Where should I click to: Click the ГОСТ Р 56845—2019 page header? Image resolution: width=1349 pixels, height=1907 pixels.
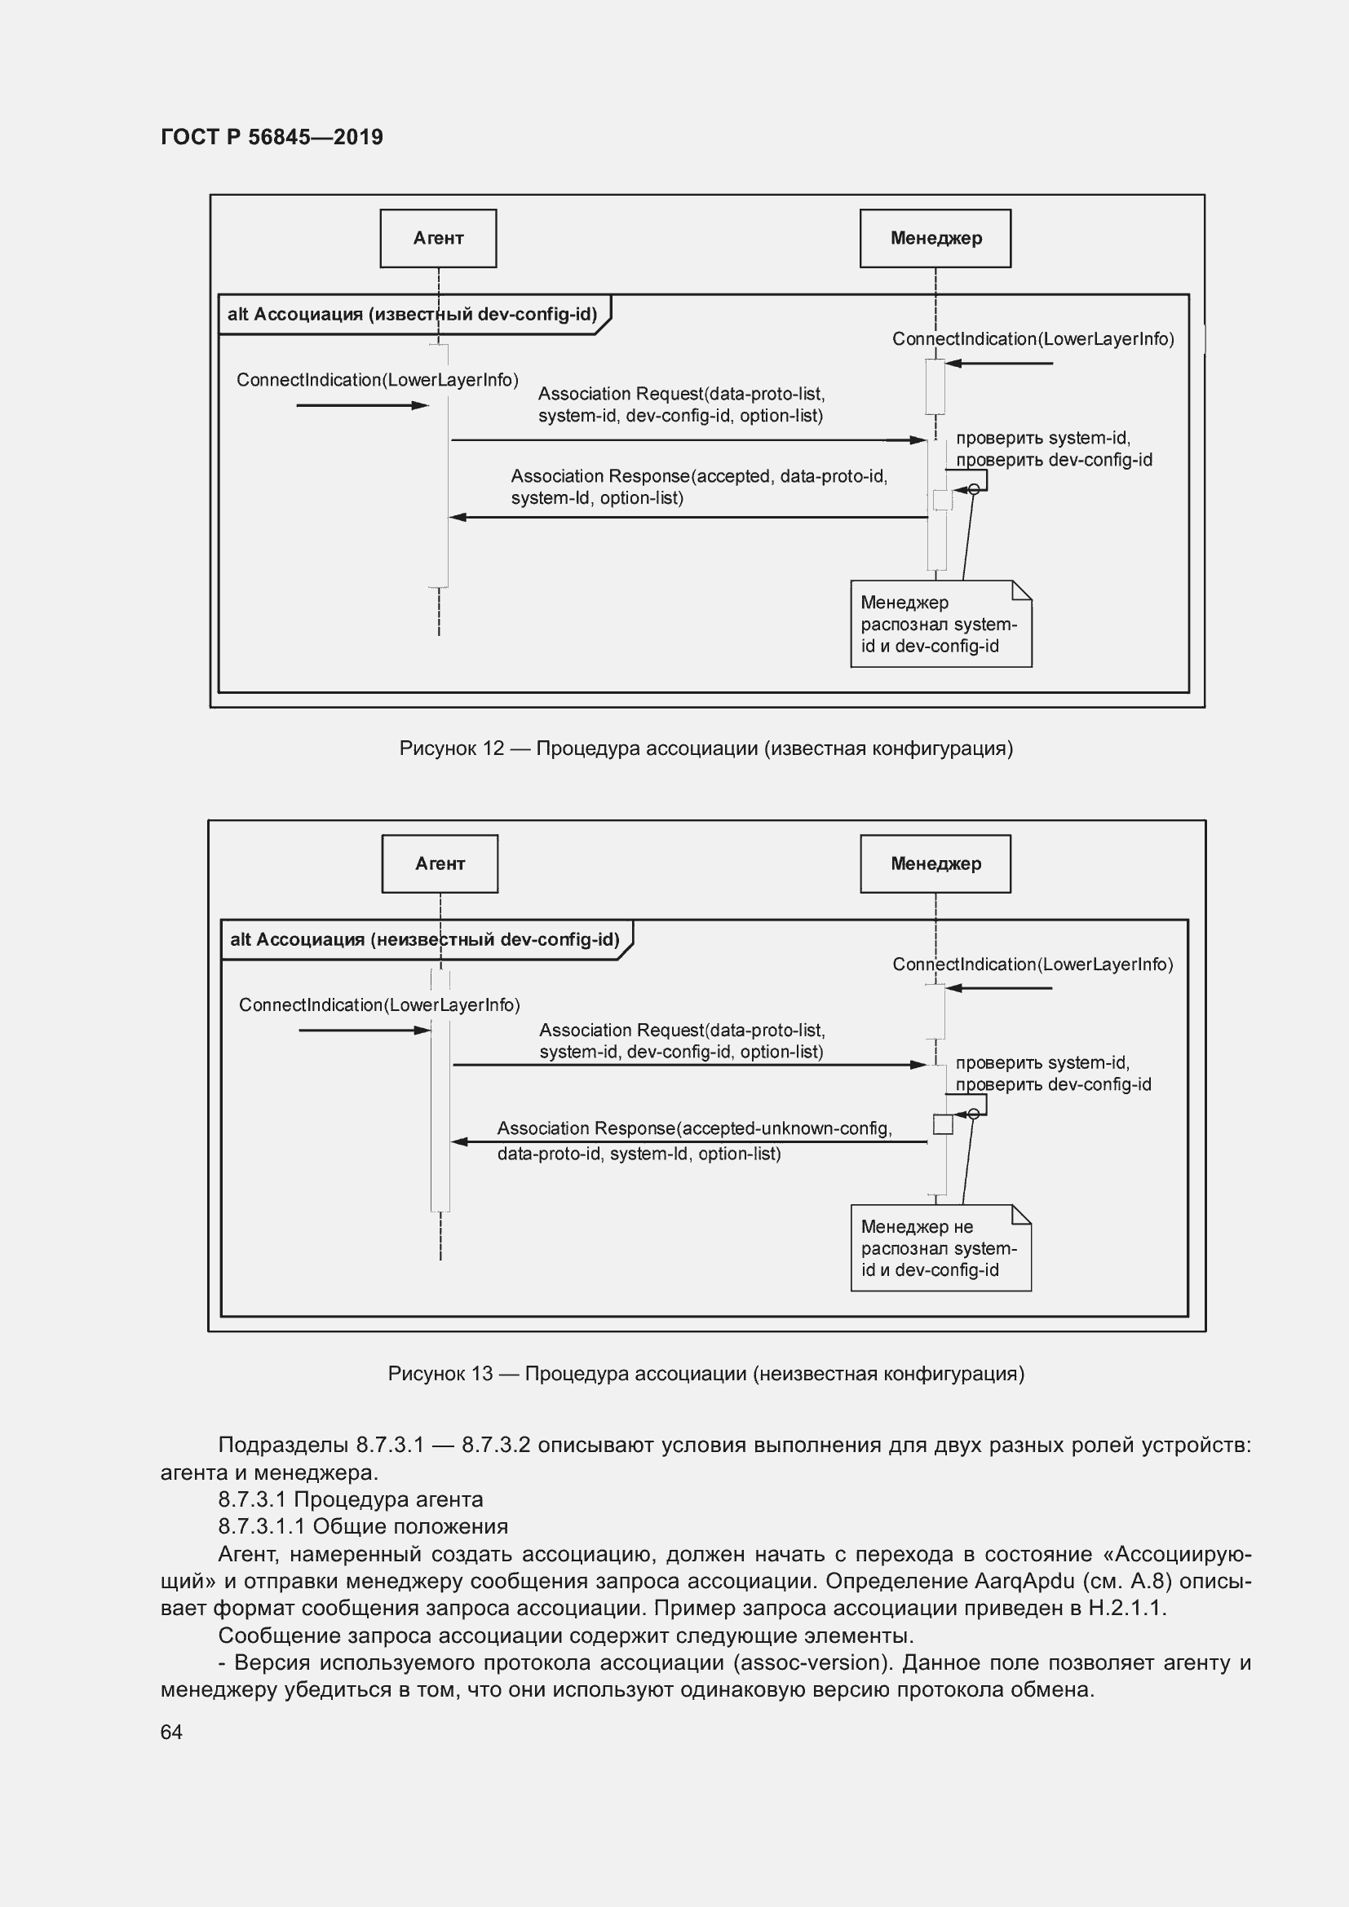(x=272, y=137)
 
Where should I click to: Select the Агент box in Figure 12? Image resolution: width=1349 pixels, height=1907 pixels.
(x=438, y=238)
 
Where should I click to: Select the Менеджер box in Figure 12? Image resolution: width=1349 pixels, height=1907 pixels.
(x=935, y=238)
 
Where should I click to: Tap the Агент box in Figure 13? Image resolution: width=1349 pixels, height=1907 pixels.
(x=440, y=863)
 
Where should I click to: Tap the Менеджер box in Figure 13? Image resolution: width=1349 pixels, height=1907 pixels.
(x=935, y=863)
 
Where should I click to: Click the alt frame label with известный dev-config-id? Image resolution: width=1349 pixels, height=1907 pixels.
(x=412, y=315)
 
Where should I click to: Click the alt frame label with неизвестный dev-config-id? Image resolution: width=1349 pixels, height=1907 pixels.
(x=424, y=940)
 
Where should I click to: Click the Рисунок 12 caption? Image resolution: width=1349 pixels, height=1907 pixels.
(x=705, y=748)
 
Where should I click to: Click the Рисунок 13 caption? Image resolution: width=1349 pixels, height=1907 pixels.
(x=705, y=1374)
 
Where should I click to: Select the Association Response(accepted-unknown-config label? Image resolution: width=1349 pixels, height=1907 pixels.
(x=693, y=1128)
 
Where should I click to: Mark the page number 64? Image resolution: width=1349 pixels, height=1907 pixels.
(x=171, y=1732)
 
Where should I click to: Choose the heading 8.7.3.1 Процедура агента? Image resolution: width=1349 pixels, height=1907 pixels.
(x=350, y=1499)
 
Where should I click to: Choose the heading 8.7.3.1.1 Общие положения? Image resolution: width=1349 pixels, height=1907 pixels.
(x=362, y=1526)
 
